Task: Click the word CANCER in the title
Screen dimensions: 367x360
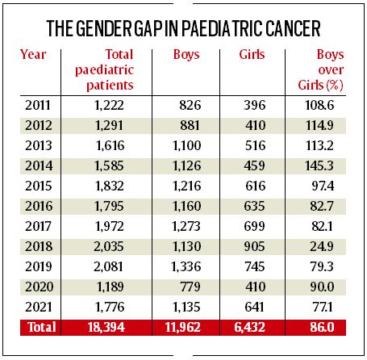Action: (293, 28)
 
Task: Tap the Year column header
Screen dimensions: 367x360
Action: (33, 55)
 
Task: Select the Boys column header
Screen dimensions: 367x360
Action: (186, 55)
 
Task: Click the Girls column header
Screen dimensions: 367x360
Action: (252, 54)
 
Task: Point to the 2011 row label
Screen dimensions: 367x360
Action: (38, 105)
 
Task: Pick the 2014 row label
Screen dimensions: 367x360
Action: (39, 165)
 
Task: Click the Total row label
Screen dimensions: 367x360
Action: (42, 327)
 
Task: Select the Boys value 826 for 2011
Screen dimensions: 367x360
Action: (190, 105)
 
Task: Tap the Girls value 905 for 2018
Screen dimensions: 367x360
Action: (254, 246)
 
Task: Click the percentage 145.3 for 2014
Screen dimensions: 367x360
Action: (319, 165)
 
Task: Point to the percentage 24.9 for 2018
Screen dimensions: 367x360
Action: (322, 246)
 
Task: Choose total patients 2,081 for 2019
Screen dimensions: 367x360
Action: (108, 266)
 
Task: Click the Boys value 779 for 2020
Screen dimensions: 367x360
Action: (190, 287)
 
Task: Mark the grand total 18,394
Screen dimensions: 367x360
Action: (106, 327)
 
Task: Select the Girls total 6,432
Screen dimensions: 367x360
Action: (249, 327)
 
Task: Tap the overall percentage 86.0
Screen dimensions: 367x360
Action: (322, 327)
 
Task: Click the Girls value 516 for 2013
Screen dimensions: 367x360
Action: (255, 145)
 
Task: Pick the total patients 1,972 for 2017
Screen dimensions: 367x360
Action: (110, 226)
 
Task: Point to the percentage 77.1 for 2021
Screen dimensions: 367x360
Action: (323, 307)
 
